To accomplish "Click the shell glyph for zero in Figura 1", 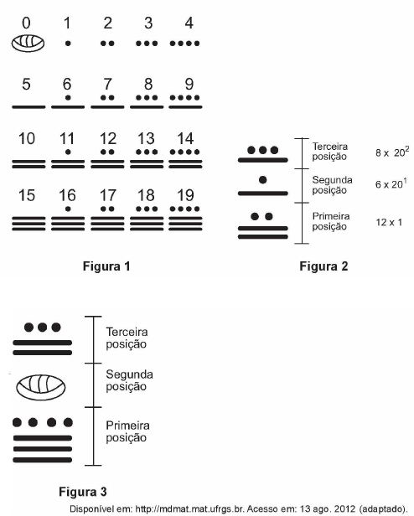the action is (28, 44).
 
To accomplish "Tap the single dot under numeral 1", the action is (68, 44).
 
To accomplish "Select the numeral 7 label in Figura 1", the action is (108, 84).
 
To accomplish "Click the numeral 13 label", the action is (146, 138).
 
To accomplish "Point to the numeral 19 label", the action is (185, 195).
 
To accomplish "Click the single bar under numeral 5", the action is (28, 107).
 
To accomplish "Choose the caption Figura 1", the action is (106, 266).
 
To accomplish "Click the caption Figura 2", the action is (323, 266).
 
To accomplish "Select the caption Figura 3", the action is (83, 492).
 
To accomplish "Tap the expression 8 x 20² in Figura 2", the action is (392, 152).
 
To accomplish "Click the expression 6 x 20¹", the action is (391, 183).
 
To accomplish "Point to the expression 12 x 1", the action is (389, 223).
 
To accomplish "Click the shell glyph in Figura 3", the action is (41, 387).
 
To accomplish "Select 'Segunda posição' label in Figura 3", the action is (129, 380).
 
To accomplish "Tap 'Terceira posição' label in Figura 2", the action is (330, 152).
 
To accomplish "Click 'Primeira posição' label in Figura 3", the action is (127, 431).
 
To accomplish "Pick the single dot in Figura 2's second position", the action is (263, 179).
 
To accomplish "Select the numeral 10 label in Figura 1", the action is (27, 138).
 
